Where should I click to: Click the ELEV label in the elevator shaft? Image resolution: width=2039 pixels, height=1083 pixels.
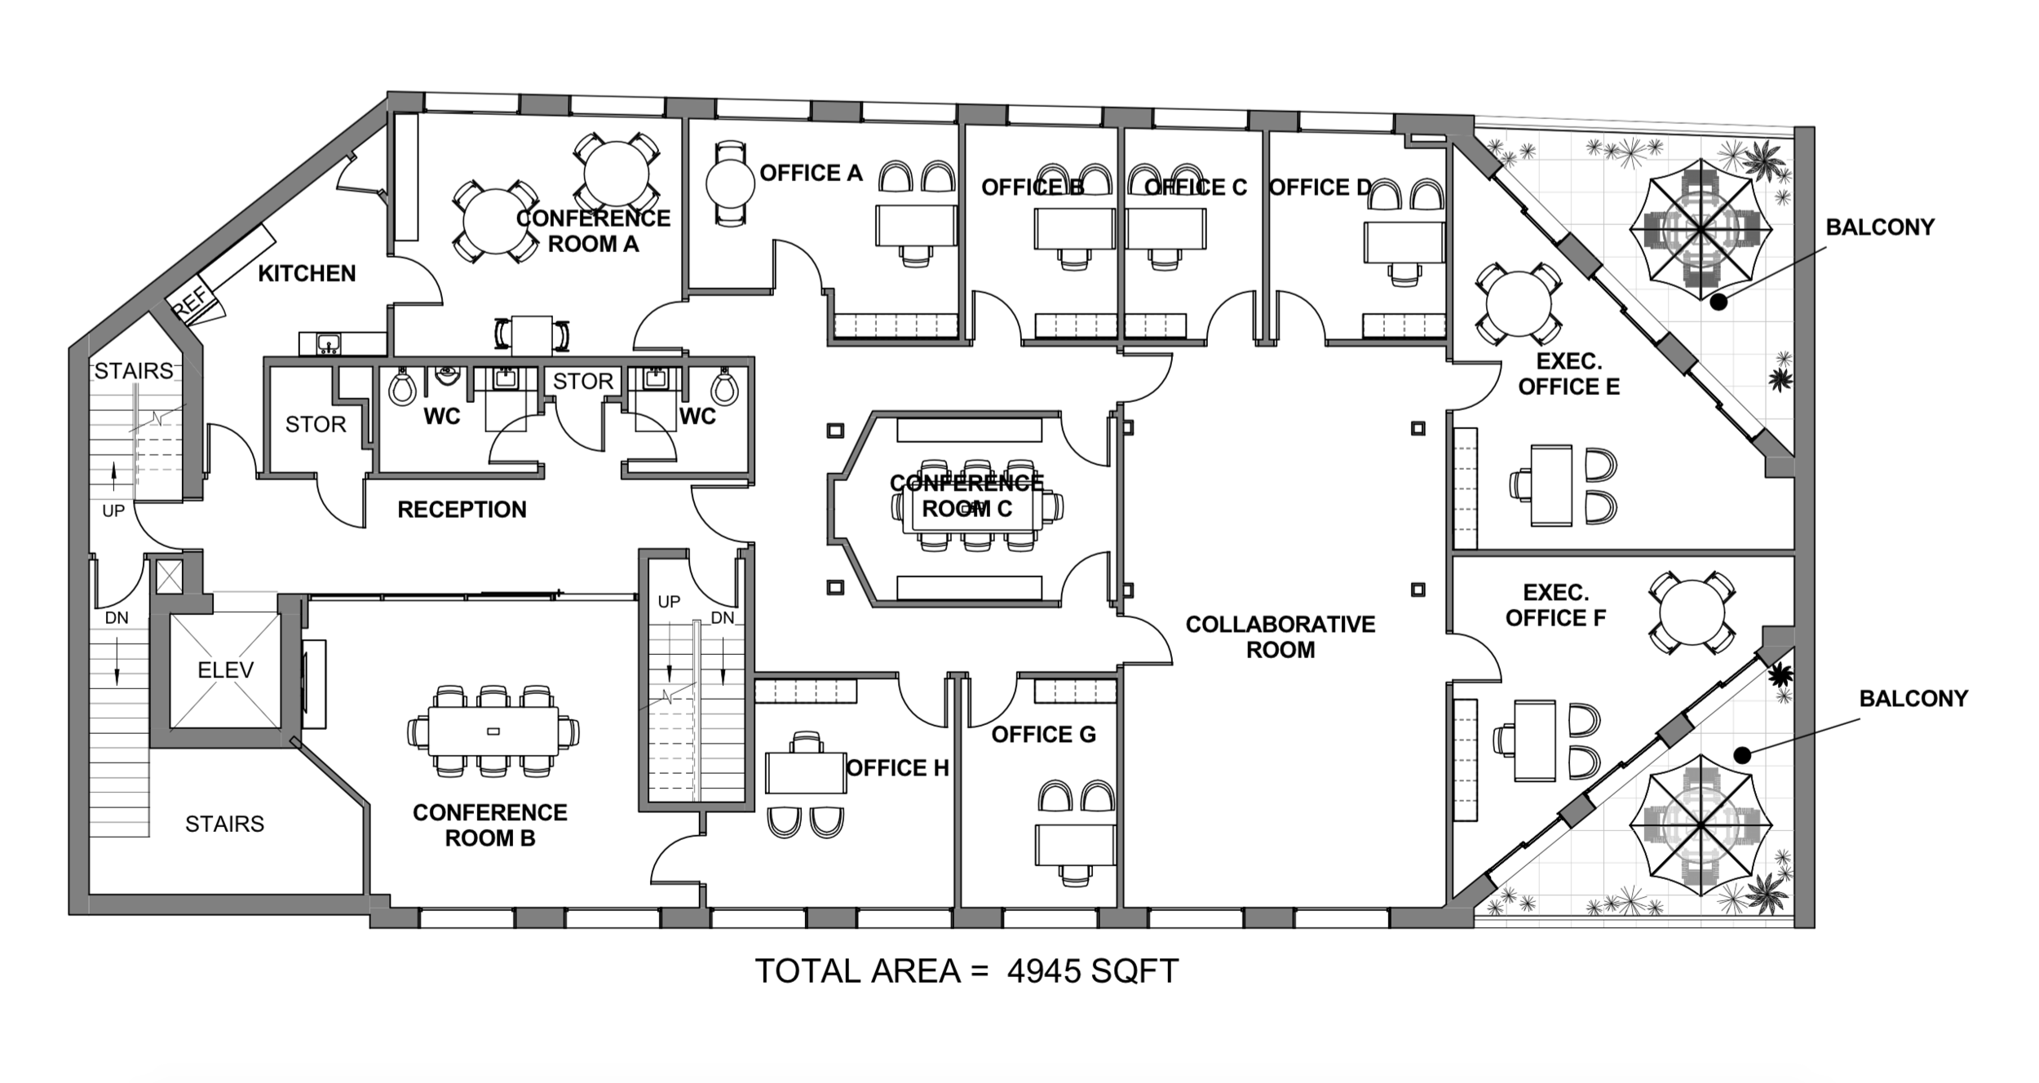tap(225, 670)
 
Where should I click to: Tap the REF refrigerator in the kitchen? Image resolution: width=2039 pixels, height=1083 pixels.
tap(192, 303)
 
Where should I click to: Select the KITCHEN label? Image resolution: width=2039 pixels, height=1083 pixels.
tap(307, 273)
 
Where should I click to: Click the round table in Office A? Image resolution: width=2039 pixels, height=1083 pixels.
tap(729, 183)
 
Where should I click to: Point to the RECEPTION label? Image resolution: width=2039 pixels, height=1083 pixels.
tap(462, 510)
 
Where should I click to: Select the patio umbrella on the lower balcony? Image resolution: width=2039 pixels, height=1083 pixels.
tap(1701, 827)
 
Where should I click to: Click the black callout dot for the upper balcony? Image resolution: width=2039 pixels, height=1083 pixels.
tap(1718, 302)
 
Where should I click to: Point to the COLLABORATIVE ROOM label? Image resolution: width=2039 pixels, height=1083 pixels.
tap(1280, 637)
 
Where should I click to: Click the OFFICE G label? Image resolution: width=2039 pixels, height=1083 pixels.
tap(1043, 735)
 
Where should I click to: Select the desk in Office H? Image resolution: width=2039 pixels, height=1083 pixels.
tap(806, 772)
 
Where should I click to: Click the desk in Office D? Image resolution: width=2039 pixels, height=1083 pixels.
tap(1404, 241)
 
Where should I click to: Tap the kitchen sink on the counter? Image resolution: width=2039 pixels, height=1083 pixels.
tap(329, 343)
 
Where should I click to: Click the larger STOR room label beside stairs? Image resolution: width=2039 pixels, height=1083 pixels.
tap(316, 424)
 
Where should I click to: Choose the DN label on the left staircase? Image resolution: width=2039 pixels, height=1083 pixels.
tap(116, 618)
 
